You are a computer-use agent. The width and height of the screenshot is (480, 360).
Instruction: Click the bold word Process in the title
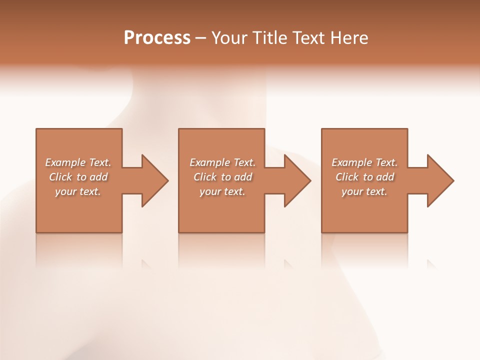[157, 38]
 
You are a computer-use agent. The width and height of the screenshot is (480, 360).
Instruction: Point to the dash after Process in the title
[200, 38]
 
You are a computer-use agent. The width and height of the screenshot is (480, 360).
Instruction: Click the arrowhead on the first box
[154, 180]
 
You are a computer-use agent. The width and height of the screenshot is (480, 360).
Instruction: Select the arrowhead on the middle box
[297, 180]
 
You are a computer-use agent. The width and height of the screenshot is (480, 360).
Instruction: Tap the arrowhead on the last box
[439, 180]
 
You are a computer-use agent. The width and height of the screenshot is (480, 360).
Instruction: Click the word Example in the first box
[65, 162]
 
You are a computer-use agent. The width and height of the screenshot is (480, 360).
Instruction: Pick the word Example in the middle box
[210, 162]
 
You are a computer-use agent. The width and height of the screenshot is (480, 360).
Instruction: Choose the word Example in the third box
[352, 162]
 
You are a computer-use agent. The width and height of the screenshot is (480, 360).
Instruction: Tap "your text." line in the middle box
[222, 191]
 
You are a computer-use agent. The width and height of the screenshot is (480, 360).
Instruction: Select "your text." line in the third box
[364, 191]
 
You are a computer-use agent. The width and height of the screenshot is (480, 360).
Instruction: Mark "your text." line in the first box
[77, 191]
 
